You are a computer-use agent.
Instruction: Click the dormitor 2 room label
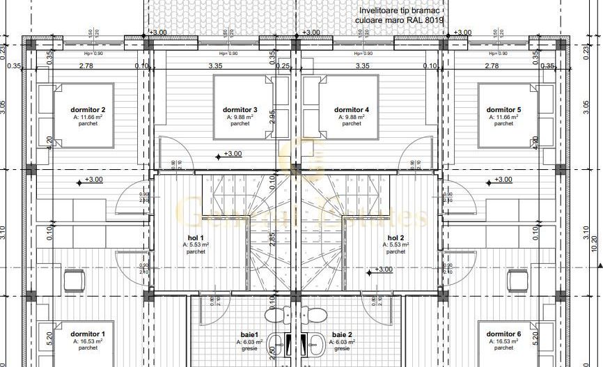88,110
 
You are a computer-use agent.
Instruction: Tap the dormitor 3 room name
240,110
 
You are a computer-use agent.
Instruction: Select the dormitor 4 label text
352,110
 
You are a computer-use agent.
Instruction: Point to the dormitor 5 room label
503,110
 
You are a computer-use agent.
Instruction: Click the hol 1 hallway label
196,237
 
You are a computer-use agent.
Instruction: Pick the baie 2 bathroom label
342,334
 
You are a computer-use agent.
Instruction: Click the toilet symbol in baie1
277,315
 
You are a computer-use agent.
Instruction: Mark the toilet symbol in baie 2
314,315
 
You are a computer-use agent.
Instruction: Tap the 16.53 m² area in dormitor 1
88,342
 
